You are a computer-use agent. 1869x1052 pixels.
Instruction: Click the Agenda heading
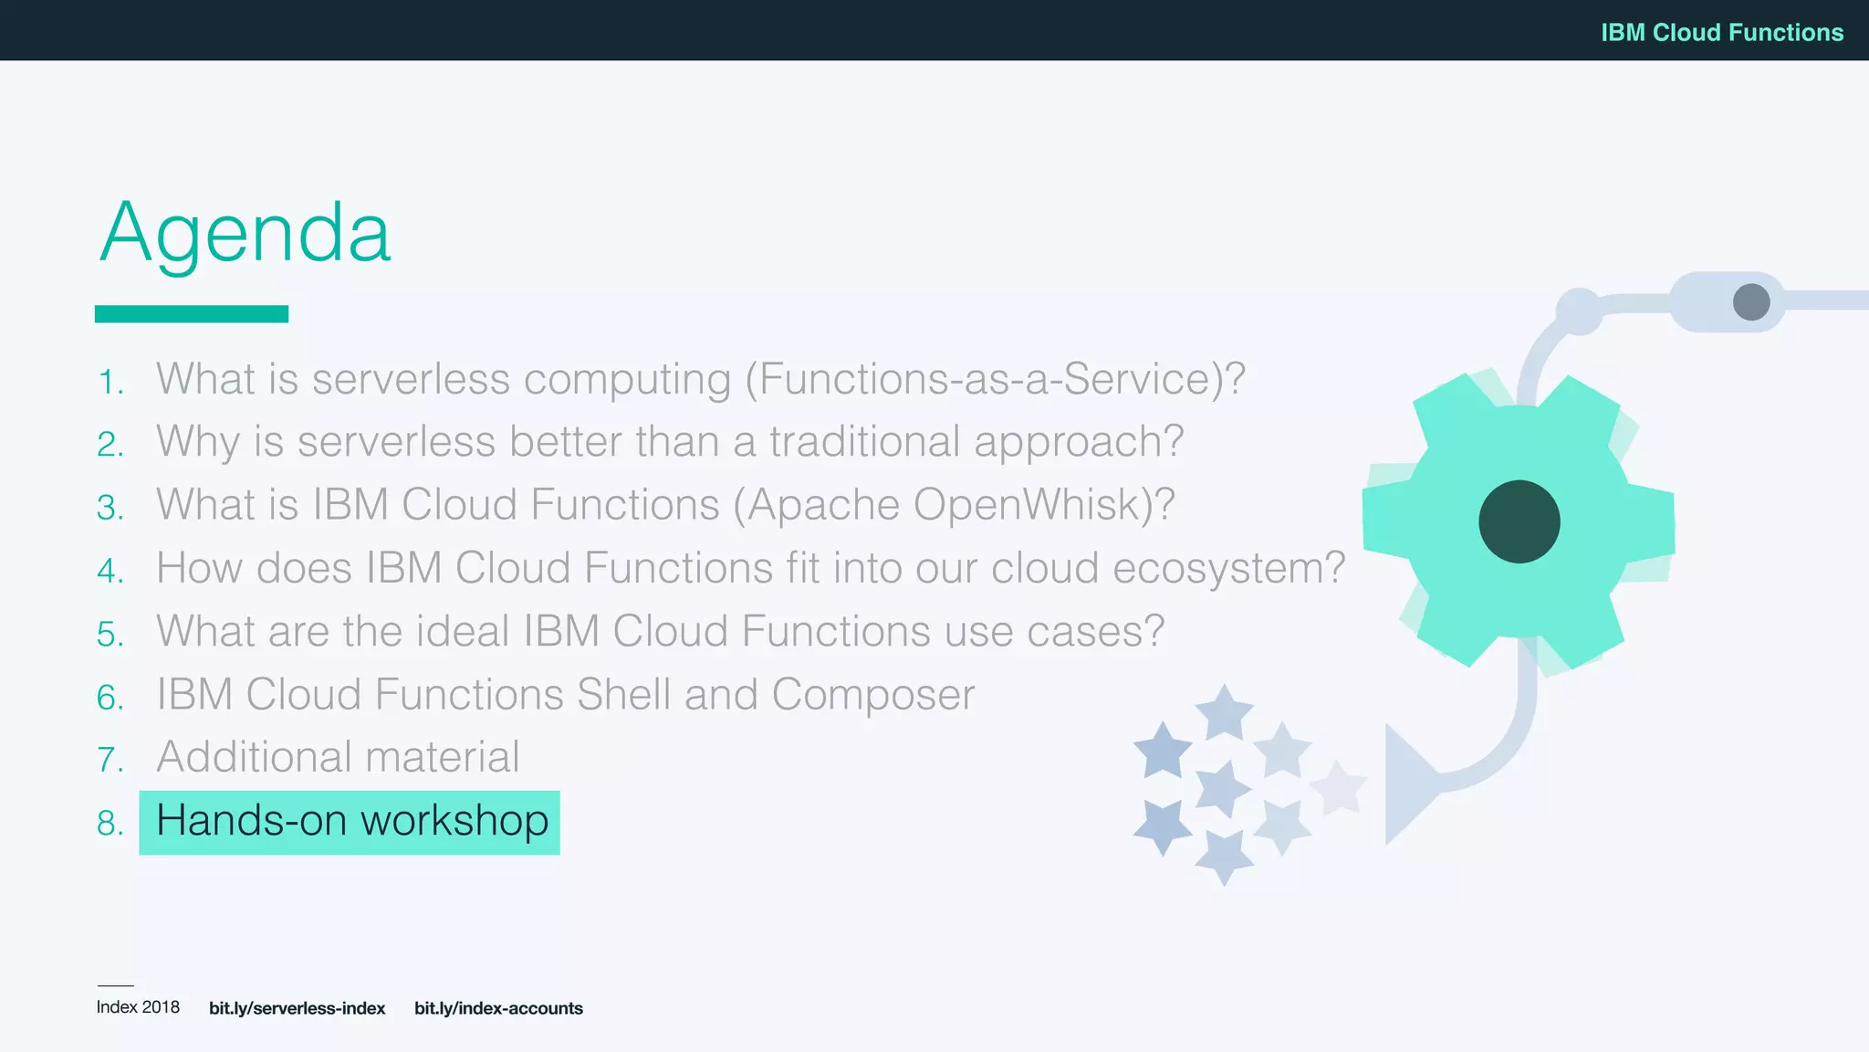245,233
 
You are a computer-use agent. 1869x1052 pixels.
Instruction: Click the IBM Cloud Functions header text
1721,32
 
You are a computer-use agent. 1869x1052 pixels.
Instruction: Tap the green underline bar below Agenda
192,313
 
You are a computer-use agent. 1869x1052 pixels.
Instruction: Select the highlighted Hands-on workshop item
350,821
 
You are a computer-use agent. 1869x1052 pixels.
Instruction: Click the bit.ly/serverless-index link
297,1008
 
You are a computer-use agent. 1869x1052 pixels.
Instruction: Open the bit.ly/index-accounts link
498,1008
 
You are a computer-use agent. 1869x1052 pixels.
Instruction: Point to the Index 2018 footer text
138,1007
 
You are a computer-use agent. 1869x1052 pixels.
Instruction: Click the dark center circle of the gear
1519,521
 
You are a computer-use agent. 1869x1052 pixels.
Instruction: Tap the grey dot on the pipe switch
1750,301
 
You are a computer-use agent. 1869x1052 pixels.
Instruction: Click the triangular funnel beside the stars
1406,783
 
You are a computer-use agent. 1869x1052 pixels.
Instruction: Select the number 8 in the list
110,824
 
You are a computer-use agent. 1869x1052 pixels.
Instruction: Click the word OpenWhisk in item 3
1028,505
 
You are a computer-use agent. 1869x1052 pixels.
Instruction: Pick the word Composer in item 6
872,695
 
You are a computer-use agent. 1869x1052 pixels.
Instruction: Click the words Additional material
338,757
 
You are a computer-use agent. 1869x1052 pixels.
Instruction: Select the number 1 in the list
110,383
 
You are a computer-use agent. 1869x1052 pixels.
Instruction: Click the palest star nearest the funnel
1338,786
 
